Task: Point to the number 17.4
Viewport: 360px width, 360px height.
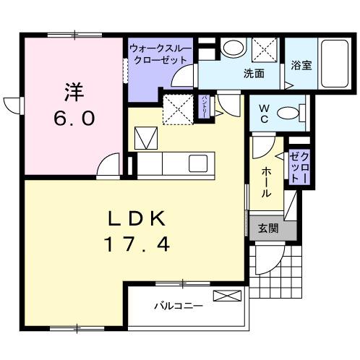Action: [139, 244]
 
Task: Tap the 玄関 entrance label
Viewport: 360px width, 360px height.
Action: [267, 227]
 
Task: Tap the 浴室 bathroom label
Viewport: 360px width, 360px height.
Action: [301, 64]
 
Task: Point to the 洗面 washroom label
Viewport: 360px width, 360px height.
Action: [253, 73]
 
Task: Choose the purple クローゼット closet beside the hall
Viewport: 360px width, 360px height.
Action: [299, 166]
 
